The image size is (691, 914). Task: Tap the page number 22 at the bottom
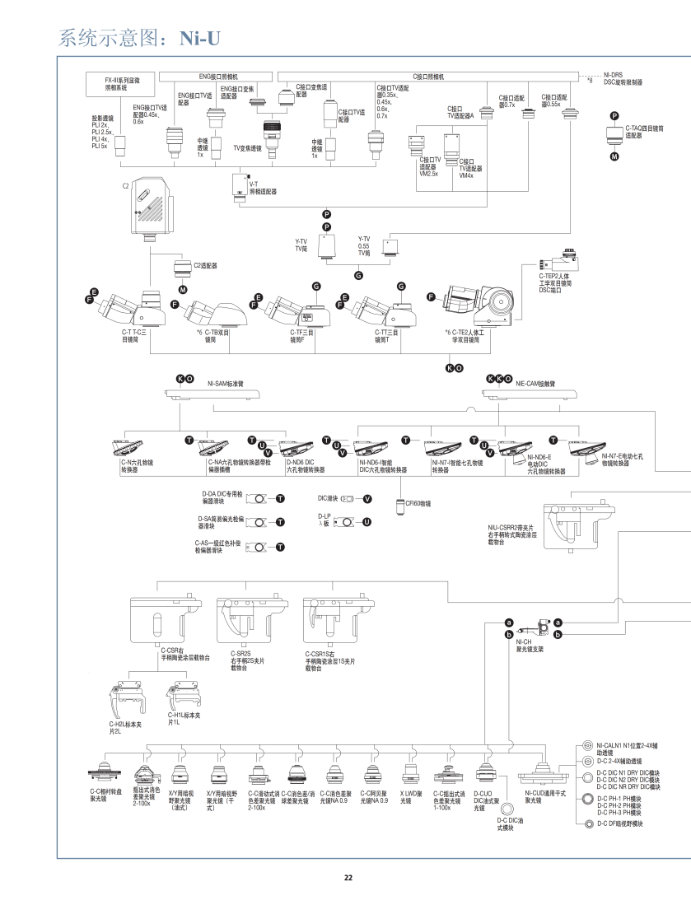tap(348, 876)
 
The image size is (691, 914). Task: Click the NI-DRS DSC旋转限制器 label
tap(623, 79)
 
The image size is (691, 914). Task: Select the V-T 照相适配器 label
tap(263, 188)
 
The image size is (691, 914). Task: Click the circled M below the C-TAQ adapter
tap(614, 156)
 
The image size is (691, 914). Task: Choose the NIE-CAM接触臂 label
tap(535, 383)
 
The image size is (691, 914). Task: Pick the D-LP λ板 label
tap(324, 520)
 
